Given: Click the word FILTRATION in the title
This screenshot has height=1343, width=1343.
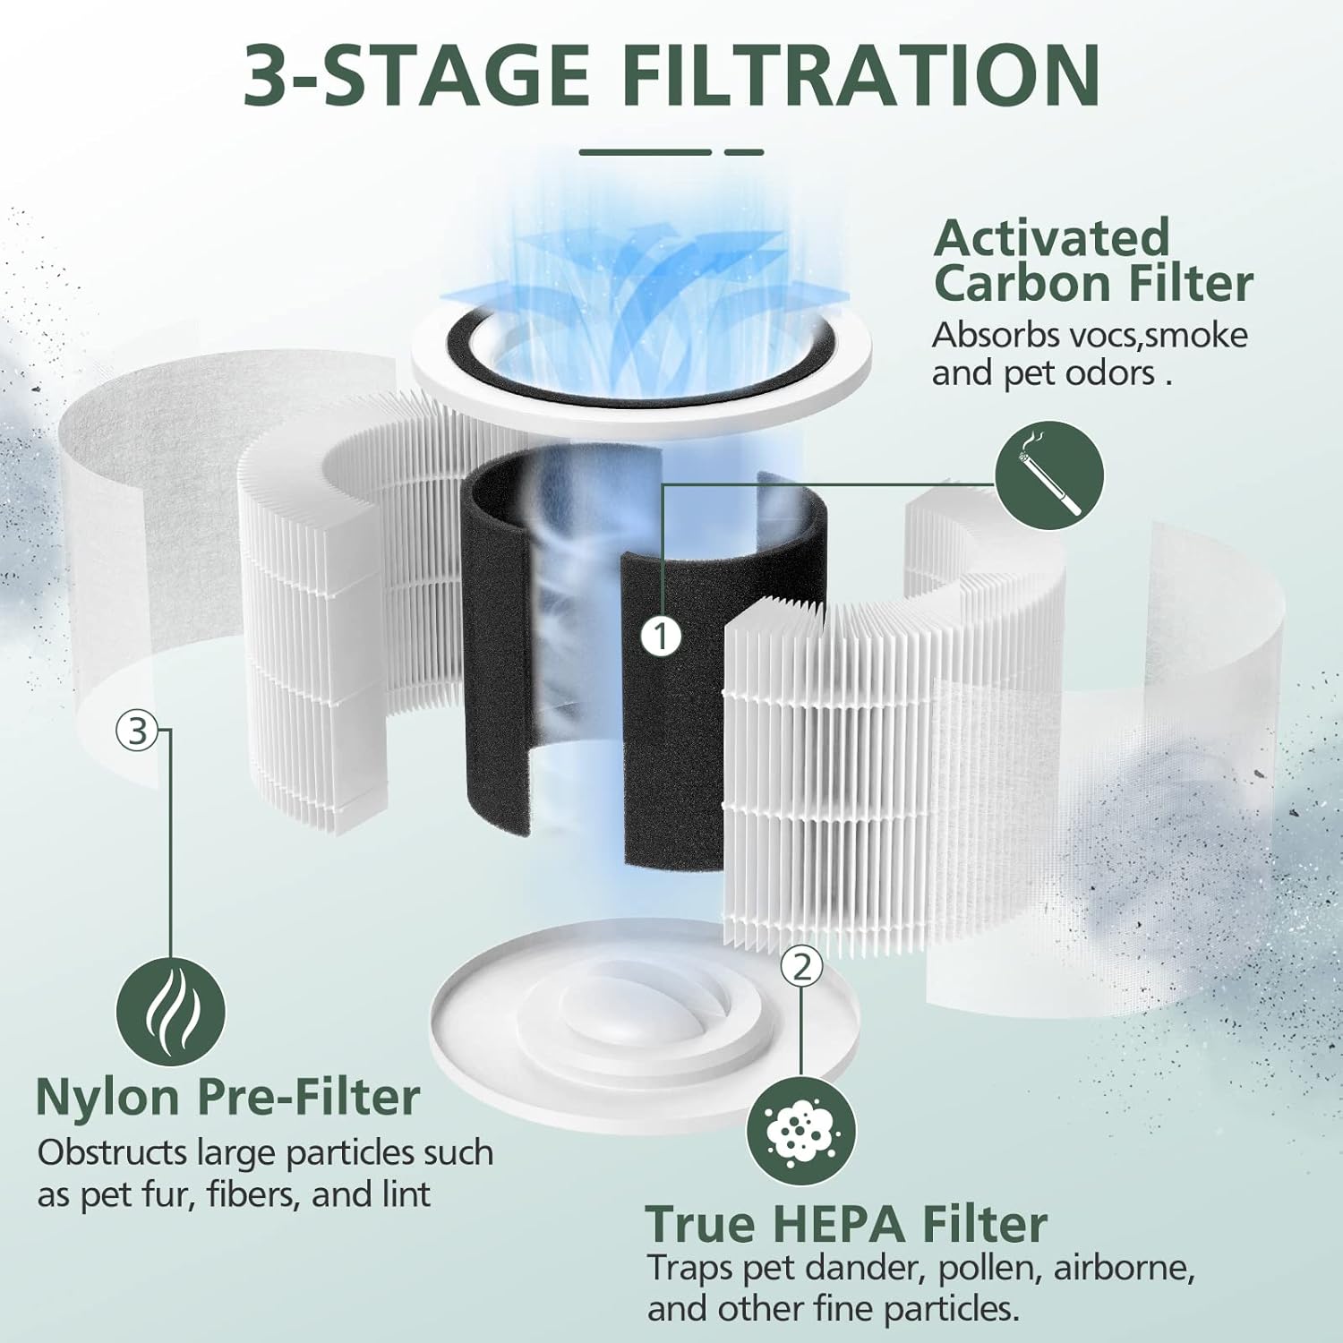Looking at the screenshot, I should pyautogui.click(x=861, y=75).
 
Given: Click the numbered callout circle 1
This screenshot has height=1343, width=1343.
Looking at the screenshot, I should pyautogui.click(x=662, y=637).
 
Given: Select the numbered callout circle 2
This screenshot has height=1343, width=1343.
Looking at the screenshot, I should pyautogui.click(x=801, y=967).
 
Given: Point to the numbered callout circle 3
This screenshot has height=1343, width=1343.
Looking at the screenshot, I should pyautogui.click(x=137, y=731).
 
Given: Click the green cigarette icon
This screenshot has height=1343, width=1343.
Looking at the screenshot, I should pyautogui.click(x=1049, y=475).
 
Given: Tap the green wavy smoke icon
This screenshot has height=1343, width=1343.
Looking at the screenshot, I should pyautogui.click(x=171, y=1012).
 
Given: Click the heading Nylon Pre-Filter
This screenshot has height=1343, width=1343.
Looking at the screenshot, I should pyautogui.click(x=227, y=1097).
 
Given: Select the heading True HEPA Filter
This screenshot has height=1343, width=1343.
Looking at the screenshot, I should pyautogui.click(x=845, y=1224).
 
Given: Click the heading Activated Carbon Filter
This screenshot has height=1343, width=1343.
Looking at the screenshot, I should pyautogui.click(x=1092, y=261).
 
